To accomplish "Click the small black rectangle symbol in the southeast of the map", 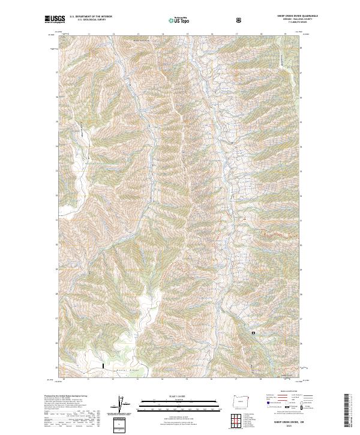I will click(253, 332).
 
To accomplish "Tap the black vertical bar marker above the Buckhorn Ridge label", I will click(103, 364).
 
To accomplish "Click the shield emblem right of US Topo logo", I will click(239, 20).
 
